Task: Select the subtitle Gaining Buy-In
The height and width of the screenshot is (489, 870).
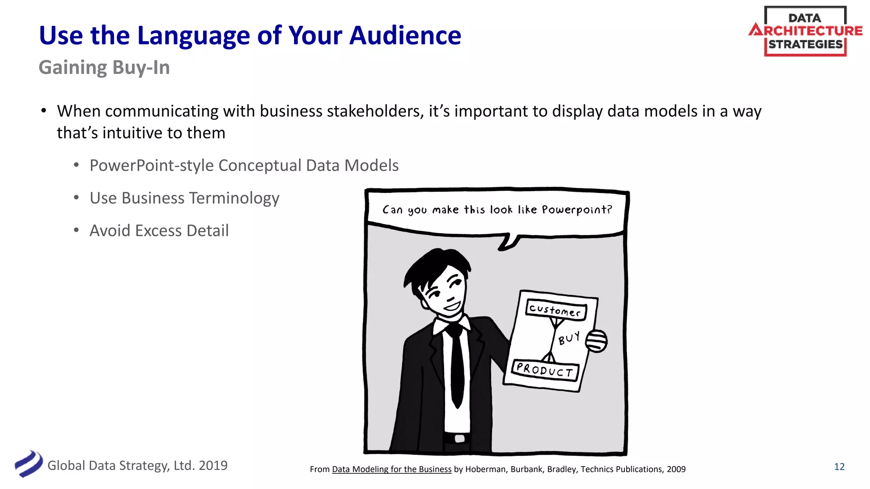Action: [x=104, y=67]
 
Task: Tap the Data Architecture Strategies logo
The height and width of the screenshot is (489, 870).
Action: [x=805, y=31]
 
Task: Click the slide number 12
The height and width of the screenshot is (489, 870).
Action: [x=839, y=467]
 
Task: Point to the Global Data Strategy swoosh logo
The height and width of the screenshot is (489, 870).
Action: [x=28, y=464]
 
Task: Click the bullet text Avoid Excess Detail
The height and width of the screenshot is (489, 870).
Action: [x=159, y=230]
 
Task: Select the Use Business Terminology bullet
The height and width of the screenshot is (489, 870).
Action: [x=184, y=198]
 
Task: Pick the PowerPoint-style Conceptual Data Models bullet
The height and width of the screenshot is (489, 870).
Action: [x=244, y=166]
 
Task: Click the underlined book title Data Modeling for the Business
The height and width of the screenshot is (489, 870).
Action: [x=391, y=469]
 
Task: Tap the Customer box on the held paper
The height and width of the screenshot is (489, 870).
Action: [x=556, y=310]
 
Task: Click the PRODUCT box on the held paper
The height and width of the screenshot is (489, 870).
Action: [x=545, y=370]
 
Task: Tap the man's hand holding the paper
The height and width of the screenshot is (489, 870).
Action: [x=597, y=341]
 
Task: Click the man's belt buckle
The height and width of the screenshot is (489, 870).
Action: [x=459, y=438]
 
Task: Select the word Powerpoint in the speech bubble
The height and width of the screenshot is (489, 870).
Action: [x=576, y=210]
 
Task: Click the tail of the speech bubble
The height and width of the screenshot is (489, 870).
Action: [x=508, y=243]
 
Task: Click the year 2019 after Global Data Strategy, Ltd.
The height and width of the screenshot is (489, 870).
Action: [x=213, y=466]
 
